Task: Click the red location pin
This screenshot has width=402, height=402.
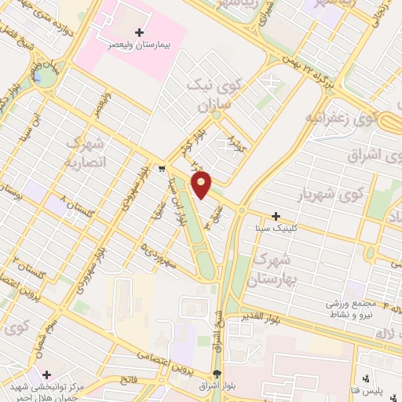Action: tap(202, 186)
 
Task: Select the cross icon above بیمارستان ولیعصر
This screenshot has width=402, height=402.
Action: tap(139, 33)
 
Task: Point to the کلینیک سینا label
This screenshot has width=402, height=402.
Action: tap(271, 228)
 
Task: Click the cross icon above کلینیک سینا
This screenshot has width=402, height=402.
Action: tap(276, 215)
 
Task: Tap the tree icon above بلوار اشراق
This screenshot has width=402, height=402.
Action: tap(217, 373)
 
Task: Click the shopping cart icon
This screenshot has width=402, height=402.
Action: tap(161, 167)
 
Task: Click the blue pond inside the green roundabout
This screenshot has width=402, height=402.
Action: tap(44, 77)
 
